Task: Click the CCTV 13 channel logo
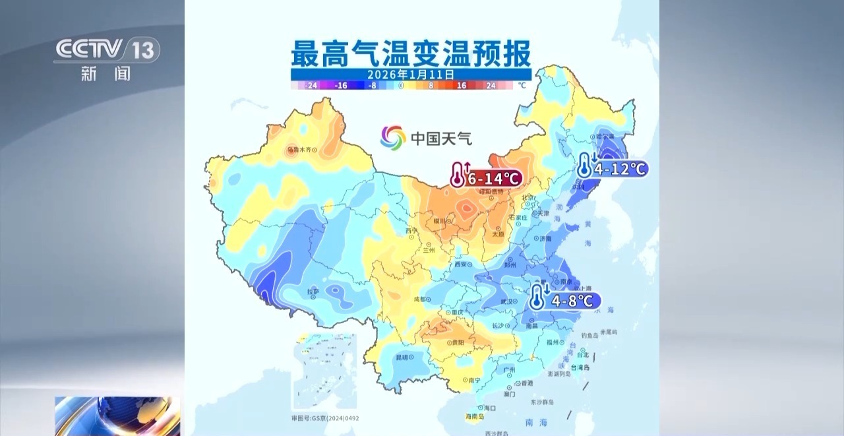pyautogui.click(x=106, y=50)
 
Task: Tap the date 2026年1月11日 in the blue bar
pyautogui.click(x=411, y=75)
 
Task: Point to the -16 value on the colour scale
pyautogui.click(x=341, y=86)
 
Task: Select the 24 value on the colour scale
pyautogui.click(x=491, y=86)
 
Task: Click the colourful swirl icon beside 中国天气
pyautogui.click(x=393, y=138)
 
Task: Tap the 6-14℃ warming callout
pyautogui.click(x=487, y=177)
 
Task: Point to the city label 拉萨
pyautogui.click(x=313, y=292)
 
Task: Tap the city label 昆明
pyautogui.click(x=402, y=357)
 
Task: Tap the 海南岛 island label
pyautogui.click(x=475, y=416)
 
